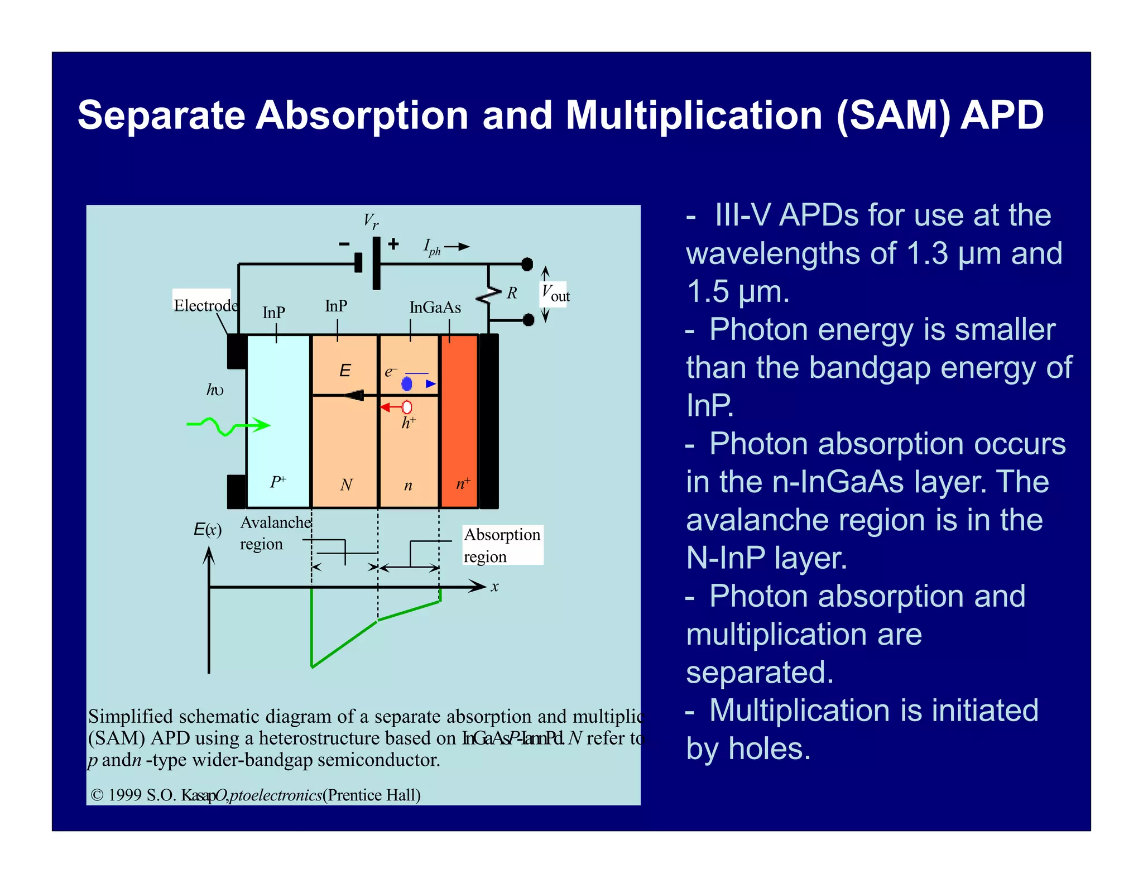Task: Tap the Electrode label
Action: point(205,305)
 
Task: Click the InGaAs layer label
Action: point(435,308)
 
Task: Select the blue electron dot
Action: point(407,384)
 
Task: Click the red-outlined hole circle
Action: point(407,407)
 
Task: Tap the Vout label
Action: point(555,294)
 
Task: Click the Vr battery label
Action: point(371,221)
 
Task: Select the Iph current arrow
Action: point(457,247)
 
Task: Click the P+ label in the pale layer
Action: point(278,482)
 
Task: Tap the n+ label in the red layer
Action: point(463,483)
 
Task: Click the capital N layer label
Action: point(346,484)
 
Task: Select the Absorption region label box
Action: point(502,545)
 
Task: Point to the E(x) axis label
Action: point(207,530)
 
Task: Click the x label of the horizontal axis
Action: point(494,587)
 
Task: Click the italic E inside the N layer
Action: point(345,371)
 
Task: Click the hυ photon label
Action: point(215,390)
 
